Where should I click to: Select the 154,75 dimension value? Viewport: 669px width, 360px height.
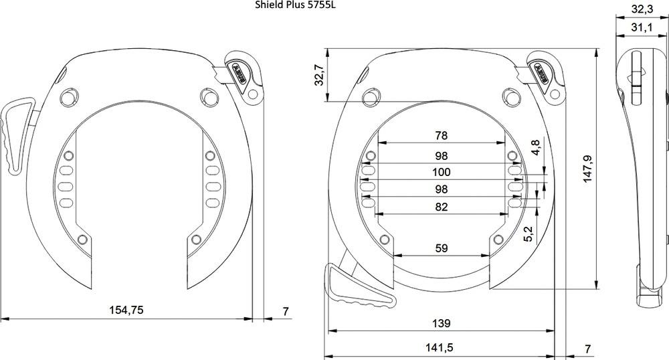point(126,310)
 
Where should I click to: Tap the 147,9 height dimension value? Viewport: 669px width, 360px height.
point(587,169)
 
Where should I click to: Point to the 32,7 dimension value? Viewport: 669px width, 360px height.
point(320,75)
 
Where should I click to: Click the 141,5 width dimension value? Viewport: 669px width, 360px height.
point(439,348)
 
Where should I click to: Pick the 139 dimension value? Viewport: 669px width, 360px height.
point(441,323)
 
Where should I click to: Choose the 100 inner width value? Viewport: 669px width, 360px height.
point(441,172)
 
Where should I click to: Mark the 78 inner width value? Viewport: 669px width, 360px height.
point(441,136)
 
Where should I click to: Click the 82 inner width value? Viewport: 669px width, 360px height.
point(441,207)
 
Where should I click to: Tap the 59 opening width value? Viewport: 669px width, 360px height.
point(441,248)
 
